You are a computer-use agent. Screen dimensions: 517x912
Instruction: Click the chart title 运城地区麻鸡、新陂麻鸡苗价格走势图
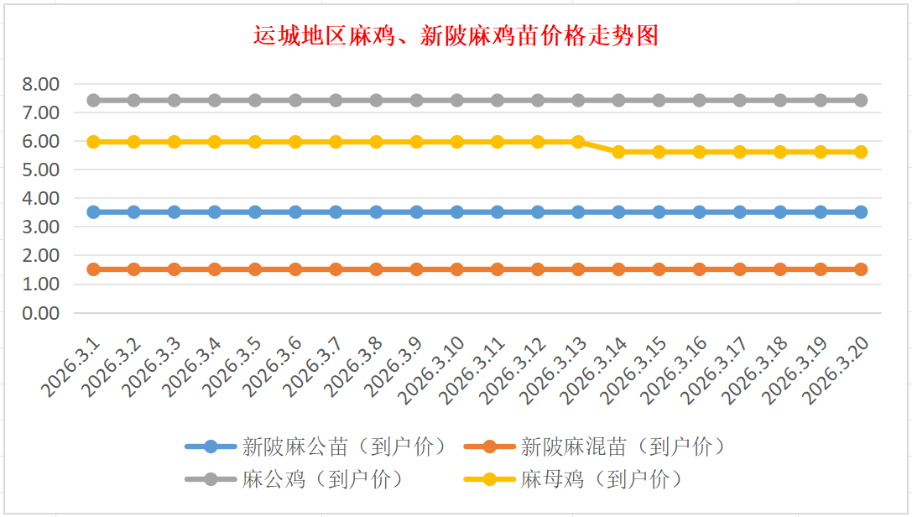[x=456, y=36]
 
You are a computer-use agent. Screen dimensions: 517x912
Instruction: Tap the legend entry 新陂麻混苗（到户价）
[x=622, y=446]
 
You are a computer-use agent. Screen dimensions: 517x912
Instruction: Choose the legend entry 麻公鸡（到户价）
[x=323, y=479]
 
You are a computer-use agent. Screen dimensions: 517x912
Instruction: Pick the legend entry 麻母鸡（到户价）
[x=601, y=479]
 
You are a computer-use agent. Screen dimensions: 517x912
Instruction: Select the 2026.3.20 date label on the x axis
[x=839, y=368]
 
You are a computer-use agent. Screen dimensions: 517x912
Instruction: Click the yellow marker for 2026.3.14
[x=619, y=152]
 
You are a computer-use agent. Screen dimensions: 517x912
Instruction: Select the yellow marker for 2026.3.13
[x=578, y=142]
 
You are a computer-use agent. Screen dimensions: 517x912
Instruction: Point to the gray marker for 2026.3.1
[x=93, y=101]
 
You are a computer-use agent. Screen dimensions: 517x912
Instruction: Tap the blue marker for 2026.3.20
[x=861, y=212]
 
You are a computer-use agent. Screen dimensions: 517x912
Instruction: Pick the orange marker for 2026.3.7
[x=336, y=269]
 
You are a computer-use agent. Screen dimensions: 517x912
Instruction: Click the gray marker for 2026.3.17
[x=740, y=101]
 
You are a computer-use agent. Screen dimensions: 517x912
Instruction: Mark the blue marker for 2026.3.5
[x=255, y=212]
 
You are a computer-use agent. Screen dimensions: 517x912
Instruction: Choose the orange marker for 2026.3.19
[x=821, y=269]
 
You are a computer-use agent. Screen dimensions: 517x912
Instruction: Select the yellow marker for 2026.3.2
[x=133, y=142]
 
